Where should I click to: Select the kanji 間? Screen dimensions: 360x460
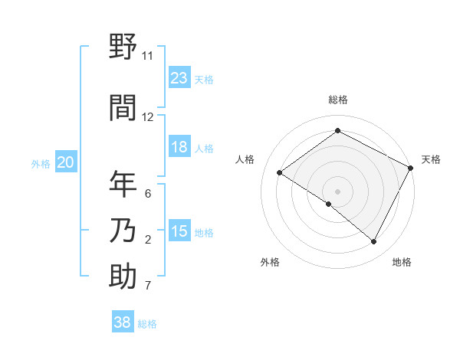(x=123, y=106)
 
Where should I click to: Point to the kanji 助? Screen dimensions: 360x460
(x=123, y=276)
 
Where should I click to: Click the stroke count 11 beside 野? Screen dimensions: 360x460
(x=147, y=56)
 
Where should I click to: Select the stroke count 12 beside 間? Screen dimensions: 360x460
(x=147, y=117)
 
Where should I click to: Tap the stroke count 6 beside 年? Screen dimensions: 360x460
(x=147, y=194)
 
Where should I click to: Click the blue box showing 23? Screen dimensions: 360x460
(x=179, y=78)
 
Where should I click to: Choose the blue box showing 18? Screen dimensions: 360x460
(x=179, y=147)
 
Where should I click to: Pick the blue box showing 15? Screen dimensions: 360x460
(x=179, y=231)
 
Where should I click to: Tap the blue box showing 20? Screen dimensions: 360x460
(x=66, y=162)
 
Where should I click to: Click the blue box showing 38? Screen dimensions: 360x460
(x=123, y=322)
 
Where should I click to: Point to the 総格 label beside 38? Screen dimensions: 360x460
(x=147, y=324)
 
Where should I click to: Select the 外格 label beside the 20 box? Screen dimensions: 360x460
(x=41, y=164)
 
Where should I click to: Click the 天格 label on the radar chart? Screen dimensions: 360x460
(x=431, y=159)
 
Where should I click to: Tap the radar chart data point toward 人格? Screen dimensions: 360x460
(x=280, y=173)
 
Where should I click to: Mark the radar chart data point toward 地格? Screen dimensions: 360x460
(x=374, y=242)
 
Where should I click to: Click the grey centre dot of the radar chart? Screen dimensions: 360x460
(x=337, y=191)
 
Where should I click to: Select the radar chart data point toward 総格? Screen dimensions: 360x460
(x=337, y=131)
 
